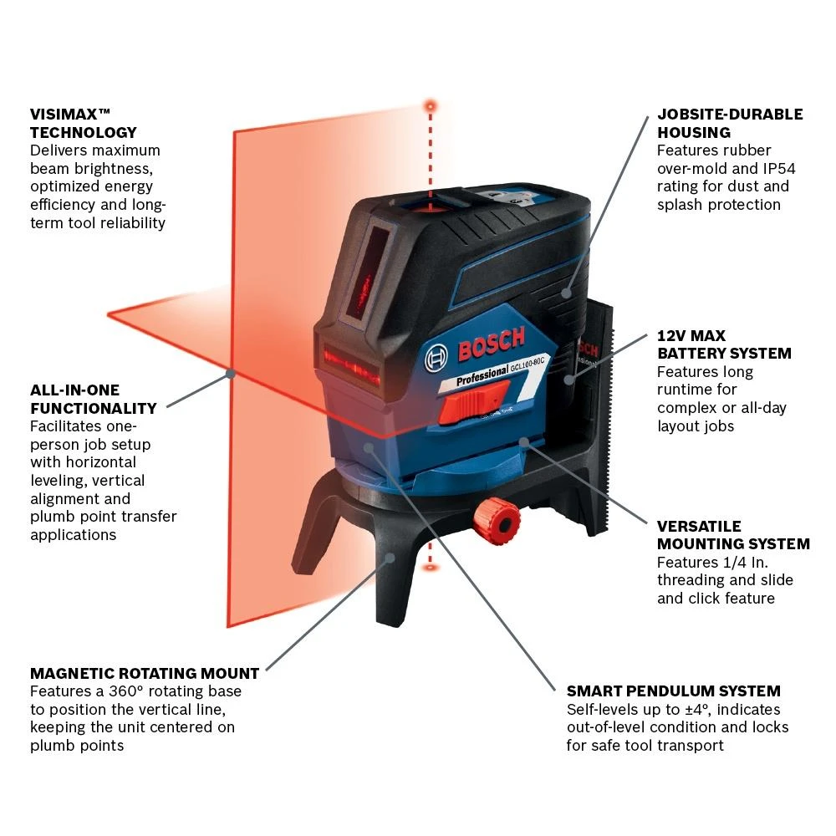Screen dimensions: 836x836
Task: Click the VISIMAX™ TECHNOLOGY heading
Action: (x=83, y=123)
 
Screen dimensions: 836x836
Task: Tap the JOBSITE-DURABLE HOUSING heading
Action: (x=729, y=123)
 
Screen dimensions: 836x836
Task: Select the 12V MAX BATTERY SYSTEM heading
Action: (x=724, y=344)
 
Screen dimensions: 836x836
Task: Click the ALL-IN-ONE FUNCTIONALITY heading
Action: (x=94, y=399)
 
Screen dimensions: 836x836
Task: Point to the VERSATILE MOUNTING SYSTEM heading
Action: (x=732, y=535)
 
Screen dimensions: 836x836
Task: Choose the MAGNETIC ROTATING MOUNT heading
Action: (x=145, y=673)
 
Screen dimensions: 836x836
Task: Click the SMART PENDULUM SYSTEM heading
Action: (x=673, y=691)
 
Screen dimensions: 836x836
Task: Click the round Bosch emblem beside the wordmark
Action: (x=436, y=359)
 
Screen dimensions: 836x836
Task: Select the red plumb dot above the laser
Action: (x=431, y=106)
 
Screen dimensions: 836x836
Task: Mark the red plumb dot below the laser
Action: (x=431, y=568)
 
